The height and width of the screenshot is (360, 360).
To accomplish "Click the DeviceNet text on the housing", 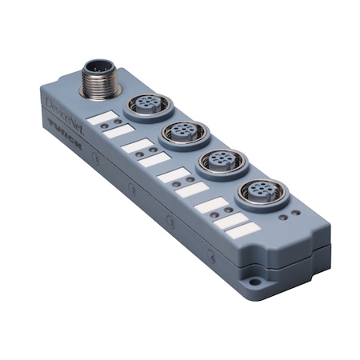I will point(62,107).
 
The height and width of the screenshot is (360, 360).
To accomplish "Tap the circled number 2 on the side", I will point(132,189).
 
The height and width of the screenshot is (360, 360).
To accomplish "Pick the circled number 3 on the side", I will point(170,222).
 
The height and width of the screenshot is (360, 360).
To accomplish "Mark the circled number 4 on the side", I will point(211,257).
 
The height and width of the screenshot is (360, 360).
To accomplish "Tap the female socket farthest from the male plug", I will point(257,192).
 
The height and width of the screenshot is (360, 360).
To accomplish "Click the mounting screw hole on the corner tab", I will point(255,282).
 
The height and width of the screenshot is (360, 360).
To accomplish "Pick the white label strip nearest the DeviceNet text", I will point(101,118).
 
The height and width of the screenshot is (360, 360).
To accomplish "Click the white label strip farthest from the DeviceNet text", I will point(244,230).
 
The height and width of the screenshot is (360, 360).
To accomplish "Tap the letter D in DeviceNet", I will point(47,100).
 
